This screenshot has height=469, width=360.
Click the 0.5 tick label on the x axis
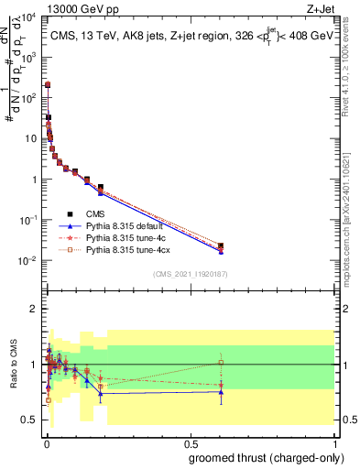tap(190, 442)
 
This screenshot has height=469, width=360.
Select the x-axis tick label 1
tap(335, 442)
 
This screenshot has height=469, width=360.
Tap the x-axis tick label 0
tap(45, 442)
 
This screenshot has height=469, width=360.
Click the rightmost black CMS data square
tap(221, 245)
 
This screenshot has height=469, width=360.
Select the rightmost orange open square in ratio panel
tap(221, 363)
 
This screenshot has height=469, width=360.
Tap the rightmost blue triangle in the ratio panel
tap(221, 391)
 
